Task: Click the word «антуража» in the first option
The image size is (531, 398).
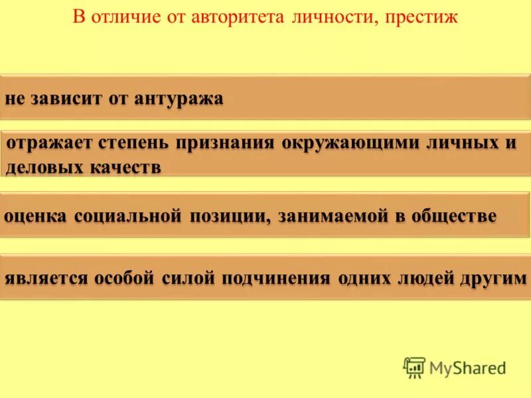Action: pos(179,99)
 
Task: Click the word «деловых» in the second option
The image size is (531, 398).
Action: pos(43,166)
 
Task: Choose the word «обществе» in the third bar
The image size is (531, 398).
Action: pos(454,217)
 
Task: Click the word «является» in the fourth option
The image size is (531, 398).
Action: pos(46,278)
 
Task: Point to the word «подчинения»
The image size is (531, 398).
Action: pos(277,278)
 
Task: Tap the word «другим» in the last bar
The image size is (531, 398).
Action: pos(493,278)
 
